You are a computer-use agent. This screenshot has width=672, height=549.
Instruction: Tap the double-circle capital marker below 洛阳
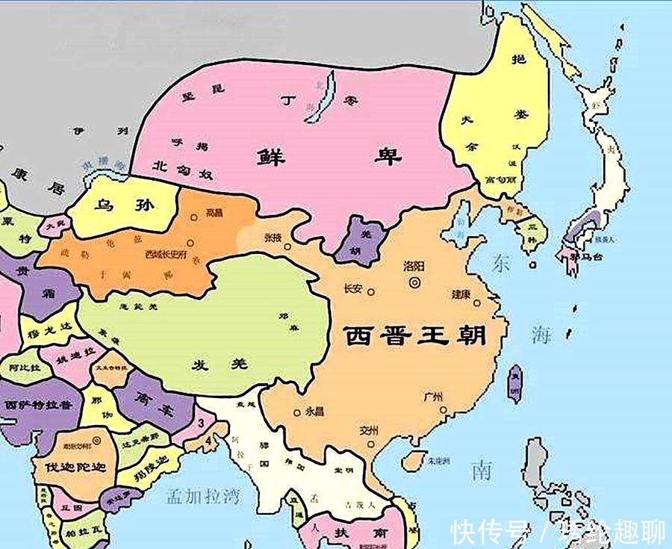tap(414, 282)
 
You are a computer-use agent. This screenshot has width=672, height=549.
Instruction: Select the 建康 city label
tap(461, 294)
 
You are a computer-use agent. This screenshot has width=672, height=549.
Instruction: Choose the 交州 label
tap(369, 429)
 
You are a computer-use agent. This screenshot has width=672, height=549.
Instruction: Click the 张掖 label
tap(273, 237)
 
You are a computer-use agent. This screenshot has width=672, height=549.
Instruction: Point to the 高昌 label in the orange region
tap(214, 213)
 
